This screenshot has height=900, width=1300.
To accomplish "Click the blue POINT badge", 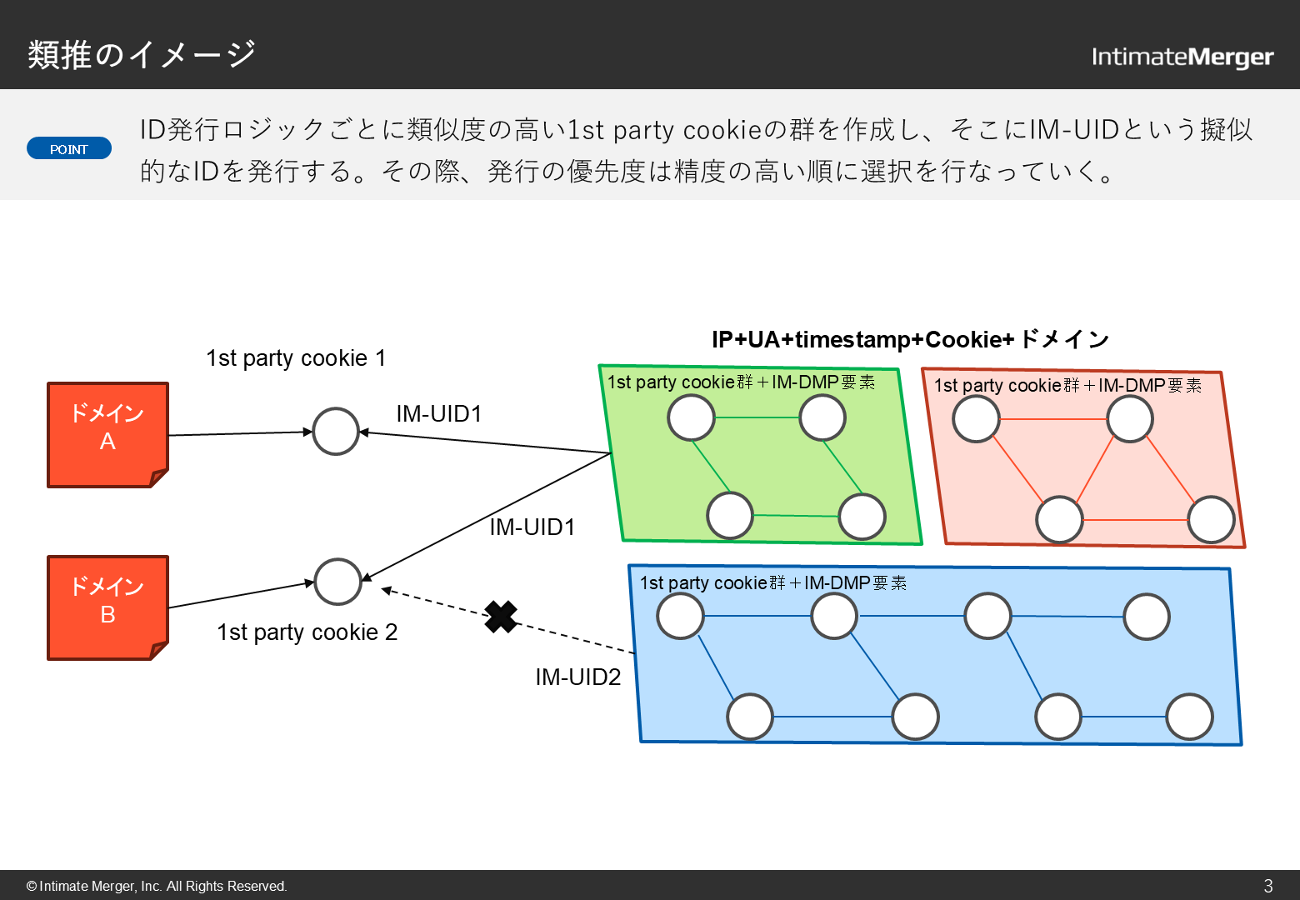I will point(69,148).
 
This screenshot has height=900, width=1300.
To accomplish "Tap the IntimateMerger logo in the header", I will point(1182,57).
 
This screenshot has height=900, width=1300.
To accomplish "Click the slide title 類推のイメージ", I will point(142,55).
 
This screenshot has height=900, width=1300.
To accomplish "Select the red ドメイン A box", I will point(107,434).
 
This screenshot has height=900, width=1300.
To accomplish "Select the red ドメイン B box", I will point(107,607).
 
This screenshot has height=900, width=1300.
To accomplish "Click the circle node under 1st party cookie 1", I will point(336,431).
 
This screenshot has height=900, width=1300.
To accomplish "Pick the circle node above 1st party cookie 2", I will point(337,581).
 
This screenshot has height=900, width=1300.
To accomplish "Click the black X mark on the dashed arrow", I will point(501,617).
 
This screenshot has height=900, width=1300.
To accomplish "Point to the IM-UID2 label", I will point(577,677).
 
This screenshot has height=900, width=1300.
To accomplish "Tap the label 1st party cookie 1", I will point(296,358).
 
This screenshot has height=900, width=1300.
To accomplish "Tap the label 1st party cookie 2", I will point(307,632).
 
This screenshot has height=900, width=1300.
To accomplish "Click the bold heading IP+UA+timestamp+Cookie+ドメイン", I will point(910,339).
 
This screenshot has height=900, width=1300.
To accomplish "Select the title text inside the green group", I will point(741,382).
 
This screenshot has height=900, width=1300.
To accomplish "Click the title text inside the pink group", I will point(1067,385).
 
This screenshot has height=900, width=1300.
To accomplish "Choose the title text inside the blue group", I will point(772,582).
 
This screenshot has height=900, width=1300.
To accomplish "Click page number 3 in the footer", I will point(1268,886).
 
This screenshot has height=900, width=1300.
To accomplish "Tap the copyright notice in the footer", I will point(157,886).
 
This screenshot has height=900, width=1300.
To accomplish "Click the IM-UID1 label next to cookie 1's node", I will point(439,413).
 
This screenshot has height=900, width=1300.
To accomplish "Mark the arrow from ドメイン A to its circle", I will point(240,433).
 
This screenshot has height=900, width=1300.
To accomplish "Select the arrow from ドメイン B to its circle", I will point(241,595).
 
